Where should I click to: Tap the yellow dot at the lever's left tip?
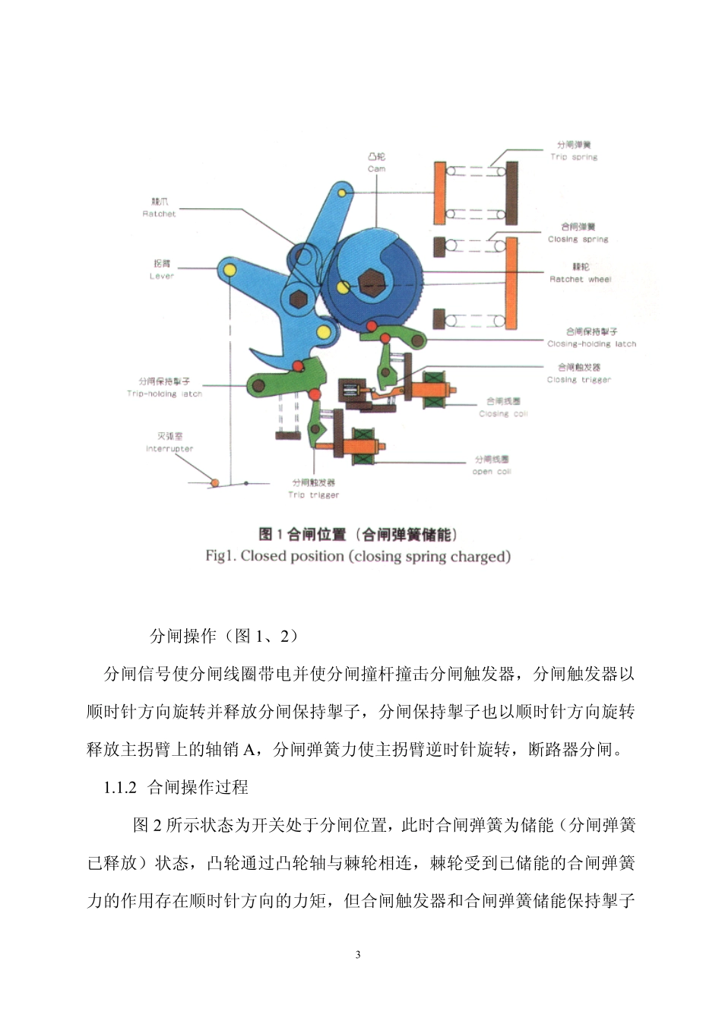click(x=226, y=267)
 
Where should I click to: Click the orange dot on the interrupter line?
click(x=215, y=482)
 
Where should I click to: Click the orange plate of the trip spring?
click(x=439, y=193)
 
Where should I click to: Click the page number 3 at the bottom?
click(x=358, y=955)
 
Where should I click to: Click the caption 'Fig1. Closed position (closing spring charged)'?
click(x=358, y=556)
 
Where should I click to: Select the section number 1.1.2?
click(x=120, y=788)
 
